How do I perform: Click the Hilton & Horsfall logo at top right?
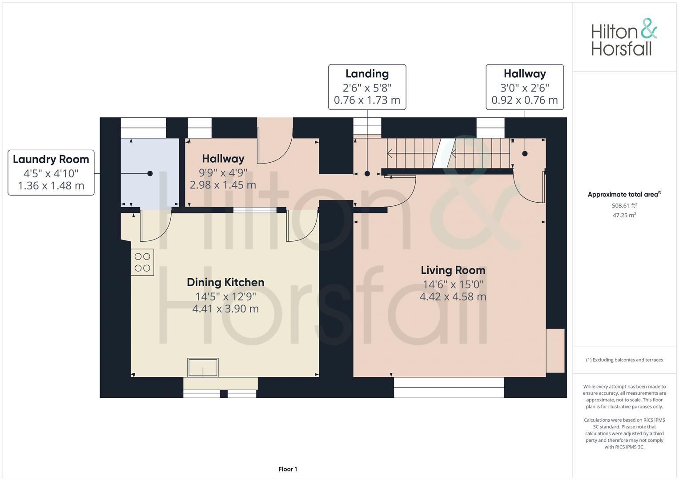[623, 37]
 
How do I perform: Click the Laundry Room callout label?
[51, 172]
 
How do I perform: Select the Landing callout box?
[367, 87]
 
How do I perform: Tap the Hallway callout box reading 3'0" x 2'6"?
[524, 87]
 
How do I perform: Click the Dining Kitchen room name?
[225, 282]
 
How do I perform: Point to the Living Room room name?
[453, 270]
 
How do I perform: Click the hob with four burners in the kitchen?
[142, 262]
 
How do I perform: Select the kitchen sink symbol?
[203, 368]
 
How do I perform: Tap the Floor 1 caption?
[288, 469]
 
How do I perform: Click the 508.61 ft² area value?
[624, 206]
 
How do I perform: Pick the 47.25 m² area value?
[624, 215]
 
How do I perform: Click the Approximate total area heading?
[624, 194]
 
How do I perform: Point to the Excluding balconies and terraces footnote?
[624, 360]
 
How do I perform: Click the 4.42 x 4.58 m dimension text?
[453, 296]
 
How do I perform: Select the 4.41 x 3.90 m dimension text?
[225, 308]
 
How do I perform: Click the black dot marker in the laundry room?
[150, 173]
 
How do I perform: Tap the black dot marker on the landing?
[367, 174]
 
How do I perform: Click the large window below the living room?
[449, 388]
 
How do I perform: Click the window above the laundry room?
[143, 128]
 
